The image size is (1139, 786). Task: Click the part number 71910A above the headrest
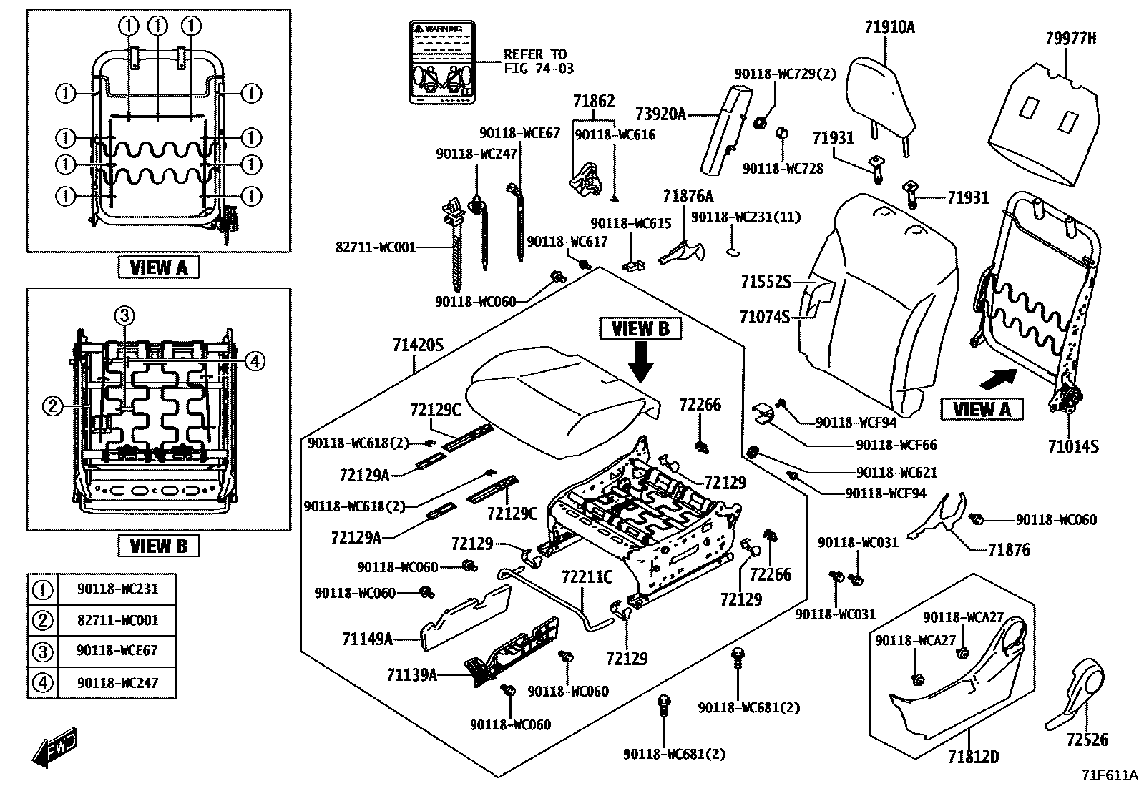889,28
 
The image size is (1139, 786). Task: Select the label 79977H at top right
1070,39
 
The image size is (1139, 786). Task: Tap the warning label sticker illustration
443,64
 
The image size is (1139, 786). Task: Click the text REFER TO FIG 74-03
538,62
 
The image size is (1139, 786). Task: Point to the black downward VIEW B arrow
640,362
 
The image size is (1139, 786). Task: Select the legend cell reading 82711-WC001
117,620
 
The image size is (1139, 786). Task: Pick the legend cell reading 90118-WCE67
117,651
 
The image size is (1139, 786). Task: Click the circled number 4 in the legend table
44,682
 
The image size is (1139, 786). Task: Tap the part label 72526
1087,740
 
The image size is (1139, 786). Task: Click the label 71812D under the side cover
973,756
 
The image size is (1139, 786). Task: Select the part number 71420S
418,346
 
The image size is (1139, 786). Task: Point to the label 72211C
587,576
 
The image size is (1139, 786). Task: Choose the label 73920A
660,114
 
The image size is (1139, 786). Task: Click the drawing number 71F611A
1109,775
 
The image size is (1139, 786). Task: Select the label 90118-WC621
896,472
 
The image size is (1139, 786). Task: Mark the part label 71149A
368,639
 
